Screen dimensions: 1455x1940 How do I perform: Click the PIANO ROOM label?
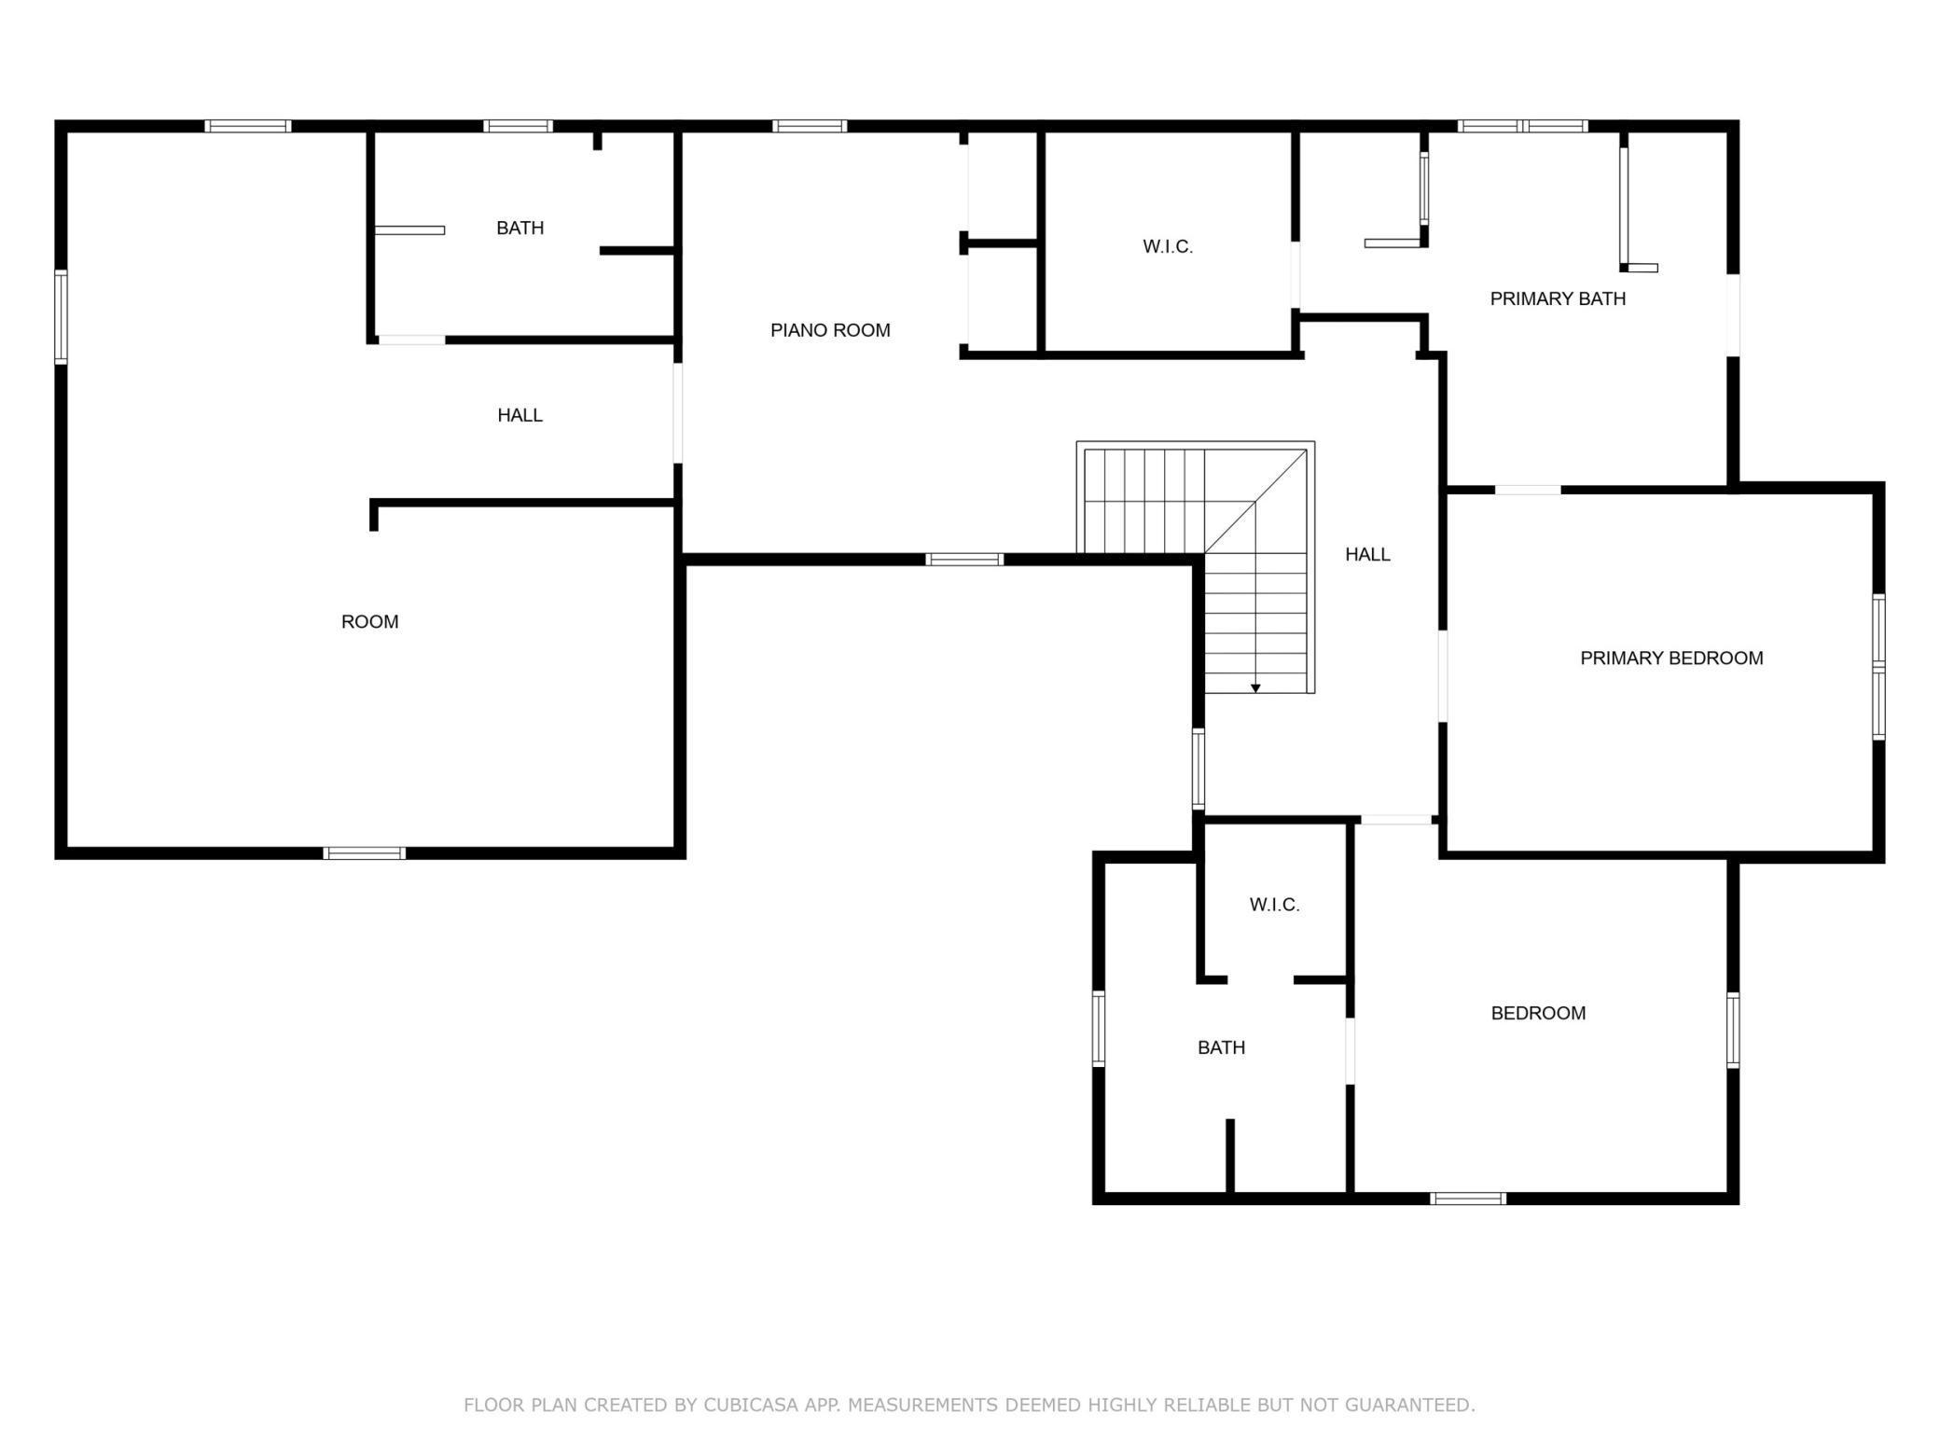(830, 330)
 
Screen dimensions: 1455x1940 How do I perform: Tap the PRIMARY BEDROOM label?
(1671, 658)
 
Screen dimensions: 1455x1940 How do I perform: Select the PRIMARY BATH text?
(1558, 298)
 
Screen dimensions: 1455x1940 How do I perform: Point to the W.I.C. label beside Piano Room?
(1168, 247)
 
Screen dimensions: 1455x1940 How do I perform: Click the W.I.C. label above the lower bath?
(1274, 905)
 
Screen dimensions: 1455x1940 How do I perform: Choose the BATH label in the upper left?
(520, 229)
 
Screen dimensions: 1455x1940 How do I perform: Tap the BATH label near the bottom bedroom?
(1221, 1047)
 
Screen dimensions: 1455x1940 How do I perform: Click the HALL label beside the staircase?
(1367, 555)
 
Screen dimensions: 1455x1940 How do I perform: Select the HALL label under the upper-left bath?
(520, 415)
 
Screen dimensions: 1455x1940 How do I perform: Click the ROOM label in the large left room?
(369, 622)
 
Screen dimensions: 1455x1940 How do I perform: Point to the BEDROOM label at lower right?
(1538, 1013)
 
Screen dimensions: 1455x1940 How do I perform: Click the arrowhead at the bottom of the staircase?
(1255, 688)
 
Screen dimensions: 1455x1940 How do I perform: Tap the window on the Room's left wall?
(62, 316)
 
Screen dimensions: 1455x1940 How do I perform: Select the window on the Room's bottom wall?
(364, 852)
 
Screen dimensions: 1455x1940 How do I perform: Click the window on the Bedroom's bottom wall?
(1467, 1199)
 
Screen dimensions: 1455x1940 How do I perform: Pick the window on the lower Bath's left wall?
(1099, 1029)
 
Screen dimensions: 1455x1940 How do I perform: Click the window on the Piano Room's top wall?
(809, 126)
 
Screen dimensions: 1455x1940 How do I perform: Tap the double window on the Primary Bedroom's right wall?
(1878, 667)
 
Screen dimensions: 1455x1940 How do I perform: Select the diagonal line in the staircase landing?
(1254, 502)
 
